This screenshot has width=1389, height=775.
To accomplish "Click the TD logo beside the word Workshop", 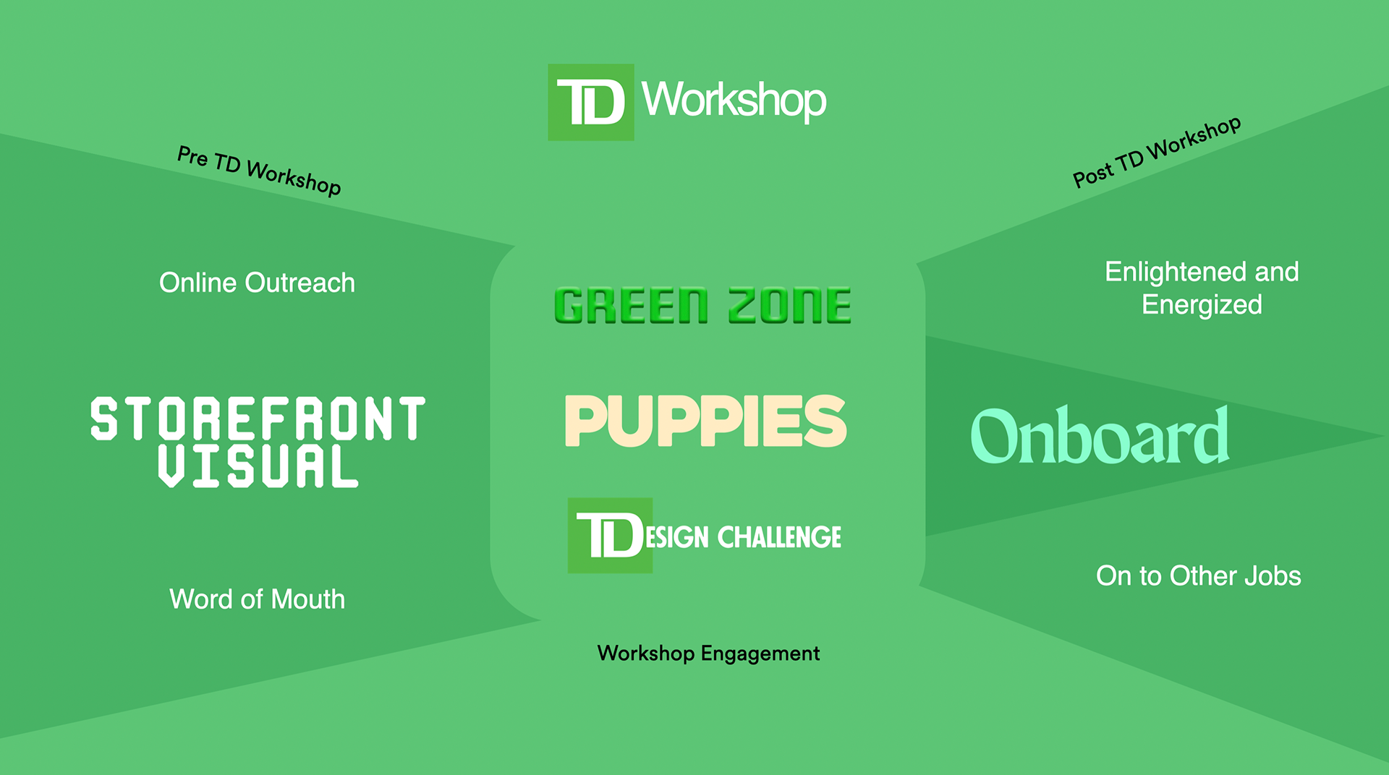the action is (591, 102).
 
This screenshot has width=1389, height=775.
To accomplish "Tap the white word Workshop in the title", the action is (734, 100).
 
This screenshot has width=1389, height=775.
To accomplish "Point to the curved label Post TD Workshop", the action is (1157, 151).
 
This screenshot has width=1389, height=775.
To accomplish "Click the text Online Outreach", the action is (257, 283).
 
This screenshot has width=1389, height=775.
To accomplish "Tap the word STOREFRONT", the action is (258, 419).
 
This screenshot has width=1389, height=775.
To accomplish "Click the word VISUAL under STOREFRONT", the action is (258, 466).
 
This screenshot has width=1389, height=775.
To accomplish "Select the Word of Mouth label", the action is (257, 599).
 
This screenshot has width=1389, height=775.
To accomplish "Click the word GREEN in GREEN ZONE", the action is (631, 305).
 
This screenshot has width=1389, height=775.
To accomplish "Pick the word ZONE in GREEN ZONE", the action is (789, 305).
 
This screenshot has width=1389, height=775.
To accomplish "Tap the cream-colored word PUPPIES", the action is (705, 421).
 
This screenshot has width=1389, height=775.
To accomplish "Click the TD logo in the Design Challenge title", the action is (610, 536).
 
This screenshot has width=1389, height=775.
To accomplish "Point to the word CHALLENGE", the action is (779, 537).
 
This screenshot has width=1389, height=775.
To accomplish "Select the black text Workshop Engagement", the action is (708, 654).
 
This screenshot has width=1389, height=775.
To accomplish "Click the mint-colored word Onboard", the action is (1100, 436).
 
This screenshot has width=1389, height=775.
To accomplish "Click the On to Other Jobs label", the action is (1198, 576).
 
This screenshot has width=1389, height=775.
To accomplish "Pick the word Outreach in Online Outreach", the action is (300, 283).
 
